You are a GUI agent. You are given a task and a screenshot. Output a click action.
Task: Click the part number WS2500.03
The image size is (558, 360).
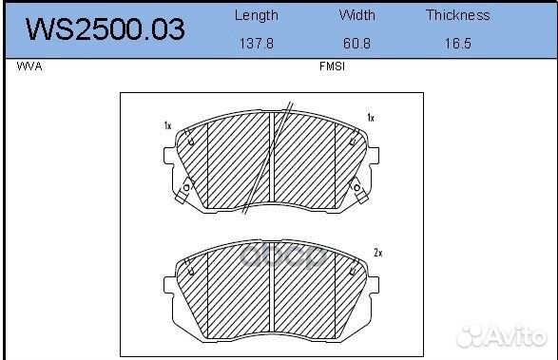tap(105, 28)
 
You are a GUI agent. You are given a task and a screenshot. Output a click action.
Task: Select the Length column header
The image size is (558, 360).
tap(257, 15)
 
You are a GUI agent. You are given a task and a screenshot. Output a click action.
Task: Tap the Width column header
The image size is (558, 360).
tap(356, 15)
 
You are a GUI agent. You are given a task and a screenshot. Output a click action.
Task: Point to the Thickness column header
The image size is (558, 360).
tap(457, 15)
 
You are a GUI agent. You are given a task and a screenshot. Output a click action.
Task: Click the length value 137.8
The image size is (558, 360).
tap(257, 44)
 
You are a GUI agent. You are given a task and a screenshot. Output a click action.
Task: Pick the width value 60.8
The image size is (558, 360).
tap(356, 44)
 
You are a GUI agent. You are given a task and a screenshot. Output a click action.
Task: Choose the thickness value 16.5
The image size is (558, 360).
tap(457, 44)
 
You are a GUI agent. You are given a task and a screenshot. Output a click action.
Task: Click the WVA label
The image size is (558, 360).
tap(29, 66)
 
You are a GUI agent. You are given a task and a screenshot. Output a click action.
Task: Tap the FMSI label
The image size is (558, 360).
tap(332, 66)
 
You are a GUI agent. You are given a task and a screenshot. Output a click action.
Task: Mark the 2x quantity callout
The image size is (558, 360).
tap(378, 253)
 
